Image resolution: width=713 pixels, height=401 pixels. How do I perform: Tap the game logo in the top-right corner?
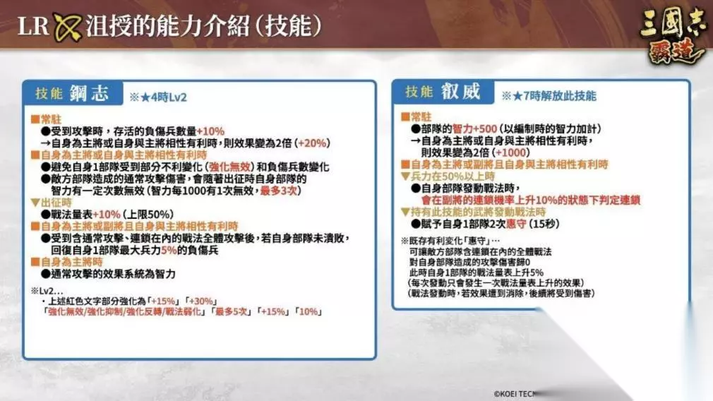(673, 36)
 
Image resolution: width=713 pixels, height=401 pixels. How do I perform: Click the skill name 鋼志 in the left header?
(90, 92)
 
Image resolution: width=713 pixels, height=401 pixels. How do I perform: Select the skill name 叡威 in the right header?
(460, 91)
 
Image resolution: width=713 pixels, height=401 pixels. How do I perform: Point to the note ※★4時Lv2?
(158, 97)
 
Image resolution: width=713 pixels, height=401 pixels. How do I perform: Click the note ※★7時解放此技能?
(549, 96)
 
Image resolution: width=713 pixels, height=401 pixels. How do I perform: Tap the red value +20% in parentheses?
(313, 143)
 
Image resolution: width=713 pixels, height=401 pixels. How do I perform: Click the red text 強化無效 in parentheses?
(229, 167)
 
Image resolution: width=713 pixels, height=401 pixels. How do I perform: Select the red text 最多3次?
(278, 191)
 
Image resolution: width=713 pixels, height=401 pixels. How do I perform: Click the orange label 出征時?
(56, 203)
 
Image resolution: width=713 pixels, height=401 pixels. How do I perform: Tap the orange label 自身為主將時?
(71, 262)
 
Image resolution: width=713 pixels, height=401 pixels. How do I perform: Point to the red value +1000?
(511, 152)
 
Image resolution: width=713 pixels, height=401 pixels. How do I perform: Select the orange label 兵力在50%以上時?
(453, 176)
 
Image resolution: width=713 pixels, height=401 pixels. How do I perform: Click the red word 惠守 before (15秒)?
(516, 224)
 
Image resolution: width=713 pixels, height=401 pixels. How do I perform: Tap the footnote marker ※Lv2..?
(47, 291)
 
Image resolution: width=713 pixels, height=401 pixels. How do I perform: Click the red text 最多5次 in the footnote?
(231, 312)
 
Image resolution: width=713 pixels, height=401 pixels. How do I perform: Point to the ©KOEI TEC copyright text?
(515, 394)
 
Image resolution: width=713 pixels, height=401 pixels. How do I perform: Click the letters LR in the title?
(32, 26)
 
